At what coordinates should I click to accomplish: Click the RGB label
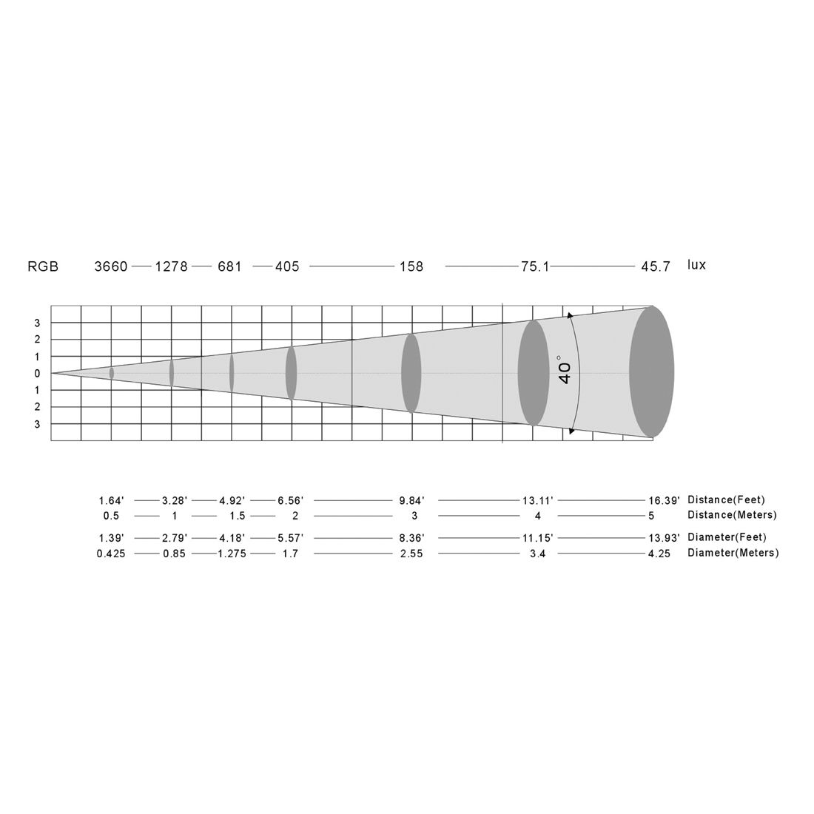click(43, 267)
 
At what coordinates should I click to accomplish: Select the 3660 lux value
click(110, 267)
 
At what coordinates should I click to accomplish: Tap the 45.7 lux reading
click(656, 267)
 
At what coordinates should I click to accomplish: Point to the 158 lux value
click(411, 267)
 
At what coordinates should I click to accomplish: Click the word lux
click(696, 265)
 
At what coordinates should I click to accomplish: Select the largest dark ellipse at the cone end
click(651, 371)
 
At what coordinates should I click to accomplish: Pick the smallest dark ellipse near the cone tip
click(111, 373)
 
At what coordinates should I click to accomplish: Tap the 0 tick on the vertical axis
click(37, 373)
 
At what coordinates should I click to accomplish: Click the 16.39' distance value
click(664, 500)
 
